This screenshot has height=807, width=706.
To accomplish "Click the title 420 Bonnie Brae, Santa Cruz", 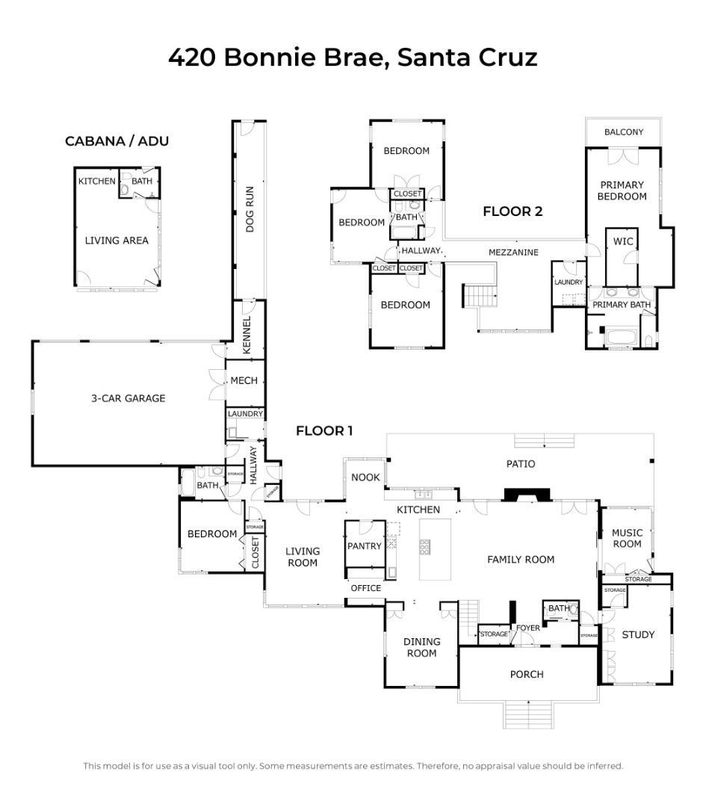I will (x=353, y=58).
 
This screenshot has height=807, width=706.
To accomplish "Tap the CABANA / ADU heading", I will (x=117, y=141).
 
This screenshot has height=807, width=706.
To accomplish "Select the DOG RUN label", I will (x=251, y=209).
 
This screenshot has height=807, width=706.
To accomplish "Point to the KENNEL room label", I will (x=247, y=336).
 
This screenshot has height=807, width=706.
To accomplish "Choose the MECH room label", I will (x=244, y=380).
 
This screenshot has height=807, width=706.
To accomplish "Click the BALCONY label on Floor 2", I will (x=623, y=132).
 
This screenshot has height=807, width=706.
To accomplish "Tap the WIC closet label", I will (x=622, y=241).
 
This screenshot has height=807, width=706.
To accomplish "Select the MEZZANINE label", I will (x=513, y=253).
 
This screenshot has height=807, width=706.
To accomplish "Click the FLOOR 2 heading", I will (x=513, y=211).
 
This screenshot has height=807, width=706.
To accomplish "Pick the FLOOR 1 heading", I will (x=324, y=431).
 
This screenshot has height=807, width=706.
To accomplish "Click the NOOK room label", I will (x=365, y=477).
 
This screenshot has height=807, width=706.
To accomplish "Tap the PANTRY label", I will (x=365, y=546).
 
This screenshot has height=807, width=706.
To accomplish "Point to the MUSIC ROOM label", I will (x=627, y=538).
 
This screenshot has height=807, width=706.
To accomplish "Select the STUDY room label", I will (x=638, y=635).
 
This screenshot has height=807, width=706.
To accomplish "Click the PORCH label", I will (x=527, y=674).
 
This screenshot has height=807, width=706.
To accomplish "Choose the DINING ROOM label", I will (x=421, y=647).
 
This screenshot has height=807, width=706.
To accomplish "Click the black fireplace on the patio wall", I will (x=527, y=495).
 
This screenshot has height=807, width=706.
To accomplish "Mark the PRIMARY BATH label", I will (x=622, y=305).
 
